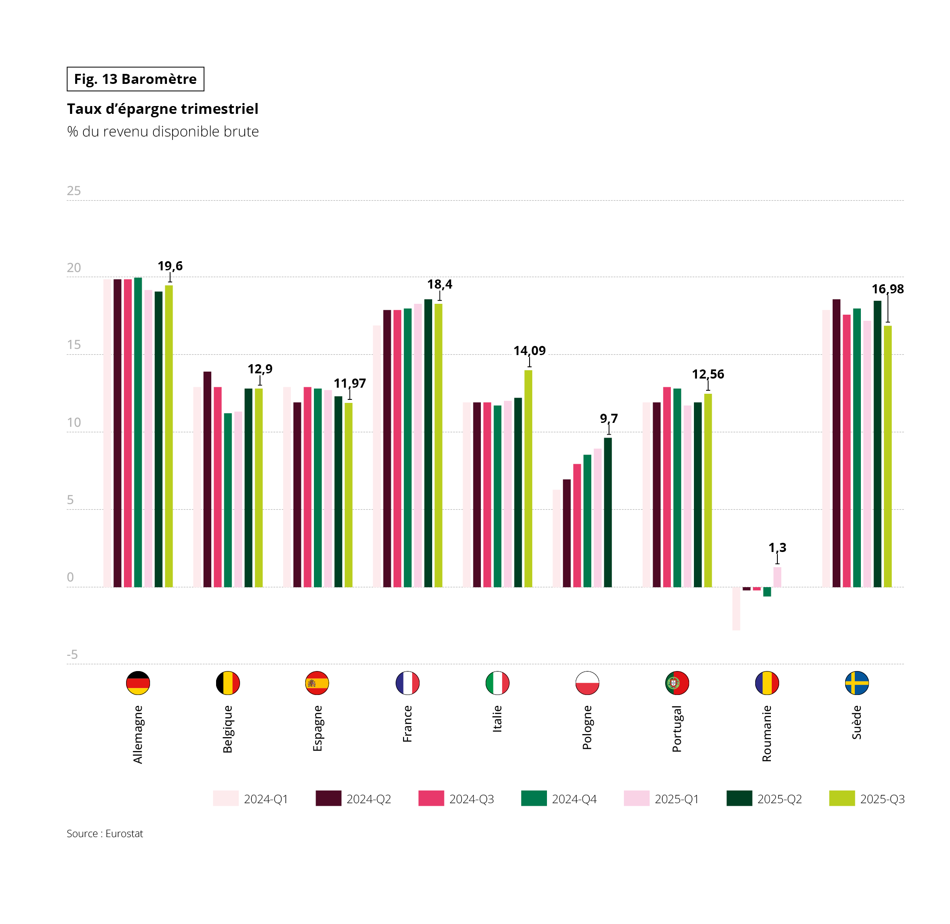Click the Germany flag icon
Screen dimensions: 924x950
tap(138, 683)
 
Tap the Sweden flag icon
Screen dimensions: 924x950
tap(857, 683)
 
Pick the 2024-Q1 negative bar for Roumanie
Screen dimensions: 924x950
tap(736, 608)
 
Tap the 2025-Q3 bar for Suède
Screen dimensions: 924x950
tap(887, 456)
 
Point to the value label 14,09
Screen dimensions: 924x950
tap(529, 350)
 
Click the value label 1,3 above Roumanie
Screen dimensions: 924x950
tap(777, 548)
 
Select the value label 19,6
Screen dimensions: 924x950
tap(170, 266)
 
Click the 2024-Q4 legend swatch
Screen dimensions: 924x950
tap(533, 798)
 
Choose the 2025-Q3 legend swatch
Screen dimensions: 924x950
tap(842, 798)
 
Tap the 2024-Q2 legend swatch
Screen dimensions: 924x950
tap(328, 798)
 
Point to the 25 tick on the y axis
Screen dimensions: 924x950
tap(74, 191)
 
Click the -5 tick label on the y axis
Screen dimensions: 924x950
tap(72, 655)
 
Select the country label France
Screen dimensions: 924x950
tap(407, 724)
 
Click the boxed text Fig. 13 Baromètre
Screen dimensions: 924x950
tap(136, 79)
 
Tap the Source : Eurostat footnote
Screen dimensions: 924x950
tap(105, 834)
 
